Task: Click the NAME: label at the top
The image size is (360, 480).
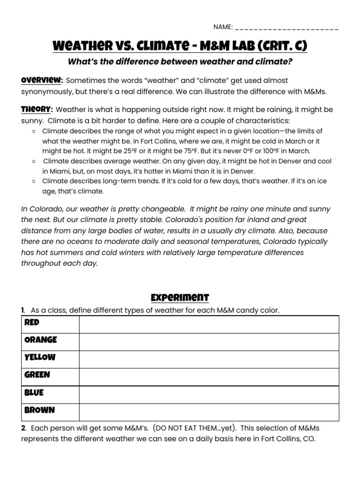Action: (223, 27)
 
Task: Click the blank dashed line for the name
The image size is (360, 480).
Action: (286, 28)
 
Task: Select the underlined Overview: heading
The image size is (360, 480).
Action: (42, 80)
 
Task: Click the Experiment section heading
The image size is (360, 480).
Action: (180, 298)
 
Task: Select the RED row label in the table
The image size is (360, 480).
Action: (32, 322)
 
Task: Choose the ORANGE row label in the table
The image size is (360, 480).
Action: (40, 340)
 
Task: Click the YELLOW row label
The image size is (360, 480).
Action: (40, 357)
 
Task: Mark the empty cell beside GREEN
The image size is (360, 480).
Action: (209, 375)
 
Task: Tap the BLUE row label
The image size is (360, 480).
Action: (34, 392)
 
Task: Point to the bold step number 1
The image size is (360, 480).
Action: (22, 310)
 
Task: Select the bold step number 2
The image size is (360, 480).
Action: (23, 428)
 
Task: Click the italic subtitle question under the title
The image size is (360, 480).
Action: (180, 62)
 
